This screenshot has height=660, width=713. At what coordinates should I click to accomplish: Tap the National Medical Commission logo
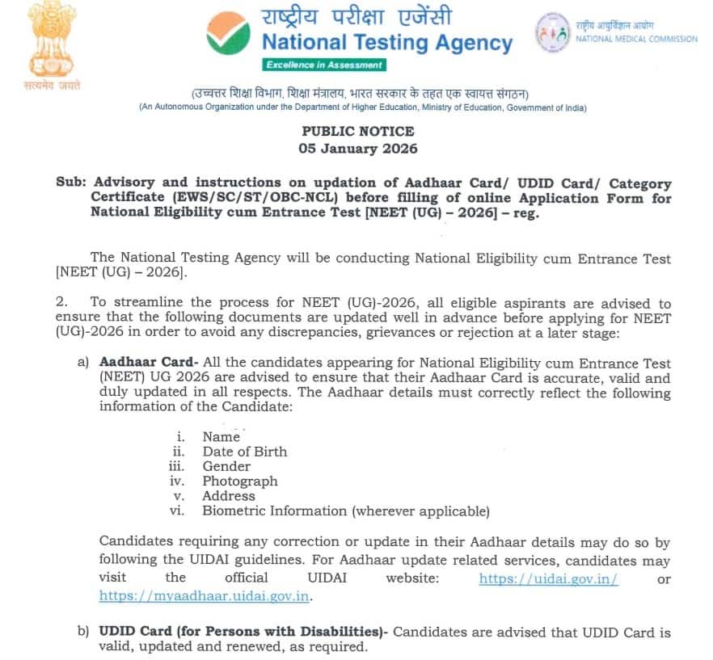[x=555, y=33]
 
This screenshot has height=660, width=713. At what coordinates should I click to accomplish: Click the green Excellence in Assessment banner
[x=324, y=64]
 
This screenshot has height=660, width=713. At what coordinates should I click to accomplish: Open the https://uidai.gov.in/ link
[x=548, y=578]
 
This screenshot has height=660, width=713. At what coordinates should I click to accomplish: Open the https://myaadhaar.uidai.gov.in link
[x=205, y=595]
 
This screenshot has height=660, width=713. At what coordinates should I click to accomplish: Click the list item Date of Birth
[x=244, y=452]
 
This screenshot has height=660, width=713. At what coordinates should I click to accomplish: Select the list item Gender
[x=226, y=466]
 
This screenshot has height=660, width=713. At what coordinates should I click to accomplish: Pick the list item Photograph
[x=239, y=481]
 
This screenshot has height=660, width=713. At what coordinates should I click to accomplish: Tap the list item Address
[x=228, y=496]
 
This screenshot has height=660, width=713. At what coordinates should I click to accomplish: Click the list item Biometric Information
[x=345, y=511]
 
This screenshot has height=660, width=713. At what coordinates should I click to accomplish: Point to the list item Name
[x=221, y=437]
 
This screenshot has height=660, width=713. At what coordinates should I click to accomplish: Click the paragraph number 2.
[x=60, y=303]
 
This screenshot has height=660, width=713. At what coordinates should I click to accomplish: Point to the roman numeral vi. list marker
[x=177, y=511]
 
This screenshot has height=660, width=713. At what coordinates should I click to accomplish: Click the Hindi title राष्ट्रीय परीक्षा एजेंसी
[x=356, y=16]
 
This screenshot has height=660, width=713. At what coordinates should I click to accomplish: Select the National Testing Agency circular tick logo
[x=229, y=34]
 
